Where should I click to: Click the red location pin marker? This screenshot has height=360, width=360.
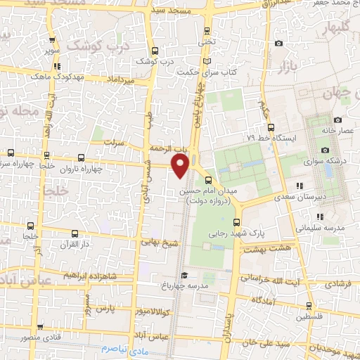[x=181, y=166]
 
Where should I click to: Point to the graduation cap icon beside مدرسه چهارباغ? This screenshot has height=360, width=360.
[x=184, y=275]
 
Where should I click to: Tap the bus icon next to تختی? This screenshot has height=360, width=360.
[x=206, y=31]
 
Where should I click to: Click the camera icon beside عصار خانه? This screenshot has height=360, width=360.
[x=338, y=120]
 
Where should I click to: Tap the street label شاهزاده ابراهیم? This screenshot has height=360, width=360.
[x=67, y=276]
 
